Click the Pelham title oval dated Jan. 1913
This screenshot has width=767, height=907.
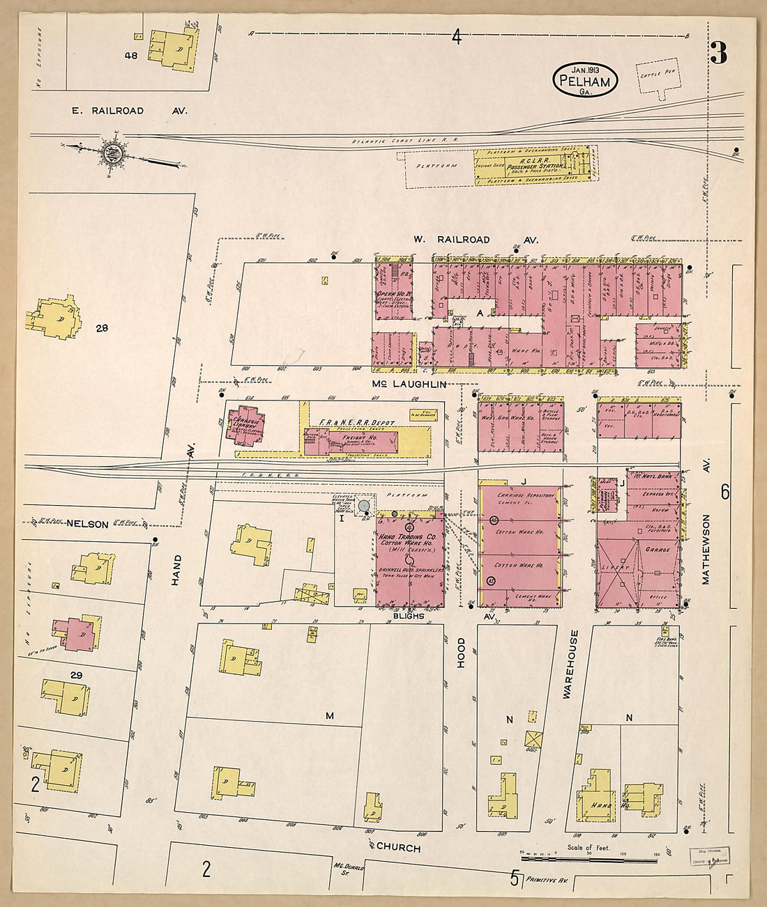pos(586,80)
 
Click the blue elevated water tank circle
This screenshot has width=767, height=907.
pos(364,504)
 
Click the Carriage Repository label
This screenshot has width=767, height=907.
pos(526,495)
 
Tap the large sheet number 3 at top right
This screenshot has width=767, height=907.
pos(719,53)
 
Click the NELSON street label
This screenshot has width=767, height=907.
pos(87,524)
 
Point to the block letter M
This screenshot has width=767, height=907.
pos(330,716)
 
